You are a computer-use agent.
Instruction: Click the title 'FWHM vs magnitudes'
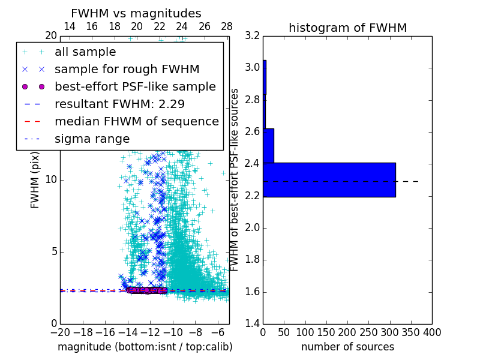click(136, 13)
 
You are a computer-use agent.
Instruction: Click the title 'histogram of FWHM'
click(347, 28)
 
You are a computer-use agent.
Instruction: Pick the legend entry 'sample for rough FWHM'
click(127, 70)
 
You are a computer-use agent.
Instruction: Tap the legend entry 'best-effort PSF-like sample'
click(135, 87)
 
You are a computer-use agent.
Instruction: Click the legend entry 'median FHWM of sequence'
click(136, 122)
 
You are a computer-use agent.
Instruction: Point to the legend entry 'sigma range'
click(92, 139)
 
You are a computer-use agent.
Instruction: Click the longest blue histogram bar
click(329, 179)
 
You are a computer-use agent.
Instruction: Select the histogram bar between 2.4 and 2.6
click(268, 145)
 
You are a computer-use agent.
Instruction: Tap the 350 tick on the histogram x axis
click(411, 332)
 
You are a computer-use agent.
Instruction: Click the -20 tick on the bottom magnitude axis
click(60, 332)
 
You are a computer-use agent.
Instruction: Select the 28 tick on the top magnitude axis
click(227, 27)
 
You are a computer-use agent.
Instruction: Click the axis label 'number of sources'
click(347, 347)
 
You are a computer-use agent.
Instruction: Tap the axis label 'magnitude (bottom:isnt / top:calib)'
click(145, 347)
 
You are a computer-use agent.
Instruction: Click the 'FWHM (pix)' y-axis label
click(35, 179)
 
